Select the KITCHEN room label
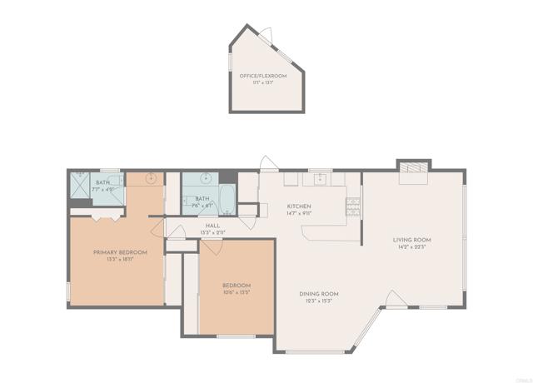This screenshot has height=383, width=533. point(299,206)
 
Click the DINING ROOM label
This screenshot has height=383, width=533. point(319,293)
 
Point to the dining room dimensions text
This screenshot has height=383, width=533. point(319,301)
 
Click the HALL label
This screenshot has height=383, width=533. point(212,225)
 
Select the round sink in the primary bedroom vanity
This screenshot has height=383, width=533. point(152,178)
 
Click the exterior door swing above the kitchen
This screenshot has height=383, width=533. point(266,163)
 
